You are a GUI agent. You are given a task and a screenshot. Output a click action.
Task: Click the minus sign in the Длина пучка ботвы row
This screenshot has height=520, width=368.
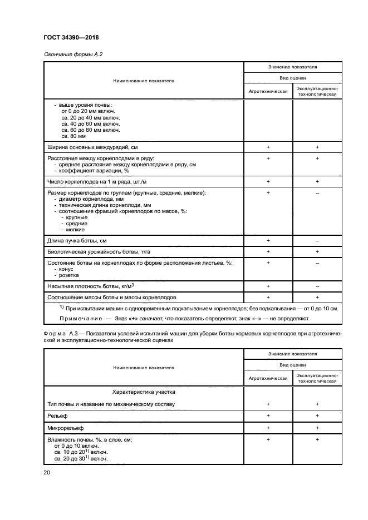[317, 240]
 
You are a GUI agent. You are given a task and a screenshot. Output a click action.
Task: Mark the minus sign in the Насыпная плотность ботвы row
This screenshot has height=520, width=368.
[317, 286]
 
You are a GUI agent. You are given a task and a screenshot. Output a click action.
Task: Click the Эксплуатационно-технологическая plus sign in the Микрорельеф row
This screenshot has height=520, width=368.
[317, 427]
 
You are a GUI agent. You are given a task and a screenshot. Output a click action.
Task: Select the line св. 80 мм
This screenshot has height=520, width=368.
[73, 135]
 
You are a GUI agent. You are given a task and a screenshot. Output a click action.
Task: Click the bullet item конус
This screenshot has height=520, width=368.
[66, 269]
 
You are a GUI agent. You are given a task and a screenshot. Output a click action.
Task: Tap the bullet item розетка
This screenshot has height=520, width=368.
[68, 275]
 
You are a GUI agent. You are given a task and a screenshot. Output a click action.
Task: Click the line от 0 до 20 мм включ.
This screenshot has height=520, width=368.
[88, 111]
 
